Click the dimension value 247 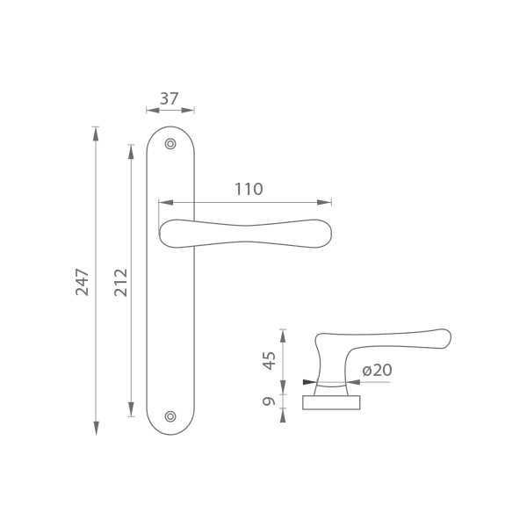[x=82, y=282]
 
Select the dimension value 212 [x=121, y=282]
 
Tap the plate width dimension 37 [x=169, y=98]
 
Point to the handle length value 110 [x=249, y=189]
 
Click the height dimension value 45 [x=269, y=360]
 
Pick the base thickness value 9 [x=269, y=401]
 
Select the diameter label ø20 [x=377, y=370]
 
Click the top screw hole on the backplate [x=170, y=144]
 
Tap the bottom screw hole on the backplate [x=170, y=416]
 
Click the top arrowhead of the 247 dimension [x=96, y=134]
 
